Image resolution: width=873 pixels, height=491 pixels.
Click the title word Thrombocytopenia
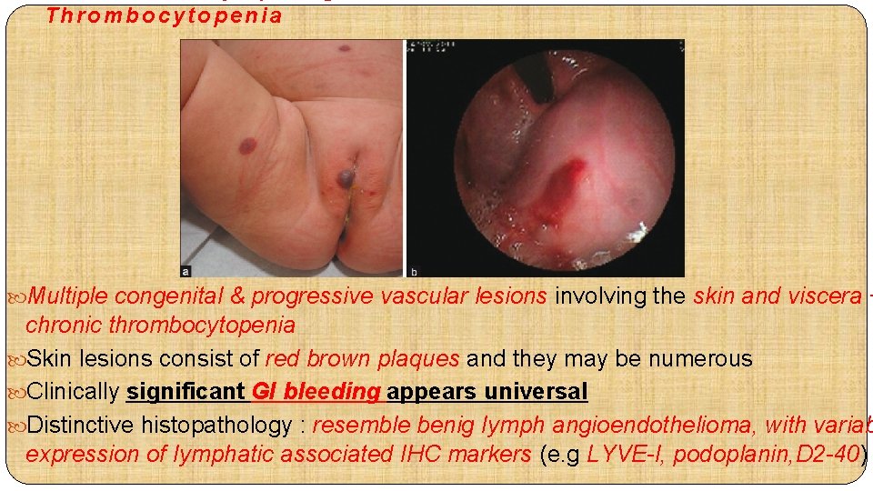(x=164, y=15)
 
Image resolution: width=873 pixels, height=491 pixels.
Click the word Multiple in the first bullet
(x=68, y=296)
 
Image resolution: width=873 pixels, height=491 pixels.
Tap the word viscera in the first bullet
(x=822, y=296)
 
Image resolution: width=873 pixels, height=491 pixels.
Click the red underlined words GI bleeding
(x=314, y=392)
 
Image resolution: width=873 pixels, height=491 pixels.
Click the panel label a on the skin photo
(x=187, y=269)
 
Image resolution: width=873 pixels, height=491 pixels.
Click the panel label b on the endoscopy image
(x=414, y=270)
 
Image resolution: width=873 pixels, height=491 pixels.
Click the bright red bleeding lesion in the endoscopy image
(x=566, y=177)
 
